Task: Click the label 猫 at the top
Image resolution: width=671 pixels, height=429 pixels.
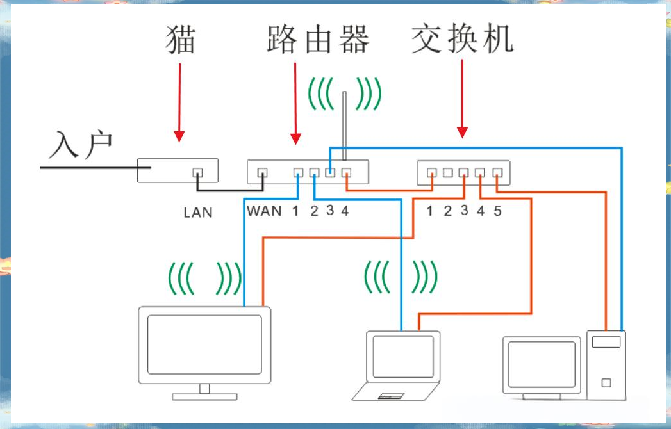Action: (x=180, y=39)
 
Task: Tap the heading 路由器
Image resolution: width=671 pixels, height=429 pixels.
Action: (x=318, y=40)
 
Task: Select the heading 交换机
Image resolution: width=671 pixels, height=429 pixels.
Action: (x=463, y=39)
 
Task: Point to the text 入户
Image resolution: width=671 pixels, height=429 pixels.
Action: (x=81, y=146)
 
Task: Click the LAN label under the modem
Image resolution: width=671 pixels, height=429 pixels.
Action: (x=197, y=213)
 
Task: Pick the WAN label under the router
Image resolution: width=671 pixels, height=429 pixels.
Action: (x=264, y=211)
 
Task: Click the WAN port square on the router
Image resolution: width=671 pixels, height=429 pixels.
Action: (x=262, y=173)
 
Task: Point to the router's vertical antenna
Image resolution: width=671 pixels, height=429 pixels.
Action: (x=345, y=125)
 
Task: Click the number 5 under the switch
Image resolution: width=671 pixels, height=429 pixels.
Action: (x=497, y=211)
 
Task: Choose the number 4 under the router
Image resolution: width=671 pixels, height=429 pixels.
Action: (x=345, y=211)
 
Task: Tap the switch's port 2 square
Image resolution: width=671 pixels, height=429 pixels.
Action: (x=448, y=173)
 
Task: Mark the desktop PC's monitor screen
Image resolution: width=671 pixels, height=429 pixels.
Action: (x=542, y=363)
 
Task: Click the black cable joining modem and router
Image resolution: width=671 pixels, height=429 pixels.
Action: (x=231, y=190)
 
